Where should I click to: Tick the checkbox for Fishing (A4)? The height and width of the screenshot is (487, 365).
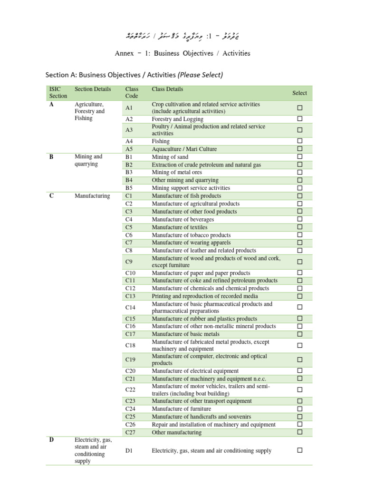click(x=300, y=141)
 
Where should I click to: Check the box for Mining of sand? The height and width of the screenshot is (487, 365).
click(x=300, y=156)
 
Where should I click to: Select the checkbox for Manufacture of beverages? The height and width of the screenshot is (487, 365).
click(x=300, y=219)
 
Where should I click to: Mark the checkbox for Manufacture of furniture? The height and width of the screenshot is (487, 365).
click(x=300, y=409)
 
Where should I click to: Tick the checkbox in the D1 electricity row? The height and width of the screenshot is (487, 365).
click(x=300, y=450)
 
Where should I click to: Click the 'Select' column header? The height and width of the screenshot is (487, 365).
click(x=299, y=93)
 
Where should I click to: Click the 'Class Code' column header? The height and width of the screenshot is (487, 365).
click(x=132, y=93)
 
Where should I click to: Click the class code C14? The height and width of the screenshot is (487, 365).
click(x=131, y=307)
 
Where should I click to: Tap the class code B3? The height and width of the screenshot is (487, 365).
click(x=129, y=172)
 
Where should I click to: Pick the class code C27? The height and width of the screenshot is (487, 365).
click(x=131, y=432)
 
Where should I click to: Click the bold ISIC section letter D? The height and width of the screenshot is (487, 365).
click(x=51, y=440)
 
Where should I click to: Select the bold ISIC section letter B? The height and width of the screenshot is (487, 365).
click(x=51, y=156)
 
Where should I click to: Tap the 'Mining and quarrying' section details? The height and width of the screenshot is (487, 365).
click(x=88, y=160)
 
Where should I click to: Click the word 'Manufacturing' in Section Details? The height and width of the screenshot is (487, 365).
click(x=93, y=196)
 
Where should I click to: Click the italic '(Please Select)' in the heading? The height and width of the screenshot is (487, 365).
click(x=200, y=75)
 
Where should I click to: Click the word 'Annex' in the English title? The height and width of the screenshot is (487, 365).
click(x=124, y=53)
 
